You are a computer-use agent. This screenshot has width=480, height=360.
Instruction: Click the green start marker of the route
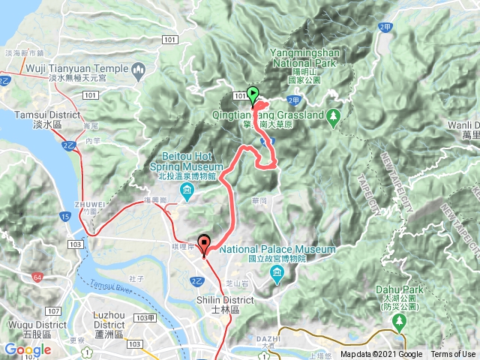coord(253,94)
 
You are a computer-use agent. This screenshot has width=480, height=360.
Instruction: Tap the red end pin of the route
coord(204,249)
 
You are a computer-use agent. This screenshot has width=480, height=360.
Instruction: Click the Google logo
coord(27,349)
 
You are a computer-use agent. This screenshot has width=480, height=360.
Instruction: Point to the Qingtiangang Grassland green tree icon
coord(334,116)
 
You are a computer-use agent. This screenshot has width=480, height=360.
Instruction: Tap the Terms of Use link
coord(453,354)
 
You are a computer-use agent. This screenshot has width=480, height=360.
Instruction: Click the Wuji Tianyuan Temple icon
coord(138,70)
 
